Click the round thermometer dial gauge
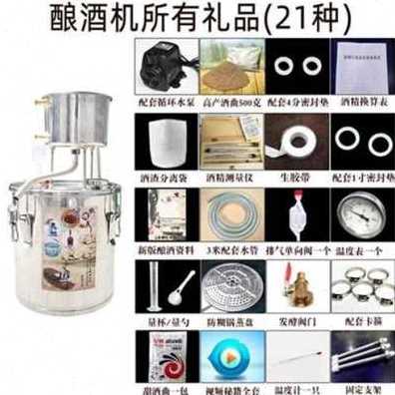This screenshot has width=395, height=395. pyautogui.click(x=363, y=212)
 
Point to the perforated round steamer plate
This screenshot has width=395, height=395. pyautogui.click(x=231, y=286)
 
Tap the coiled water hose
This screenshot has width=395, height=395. pyautogui.click(x=231, y=212)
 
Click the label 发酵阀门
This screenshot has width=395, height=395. pyautogui.click(x=297, y=320)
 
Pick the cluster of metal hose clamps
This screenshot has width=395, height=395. pyautogui.click(x=363, y=286)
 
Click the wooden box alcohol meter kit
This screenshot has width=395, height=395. pyautogui.click(x=231, y=140)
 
